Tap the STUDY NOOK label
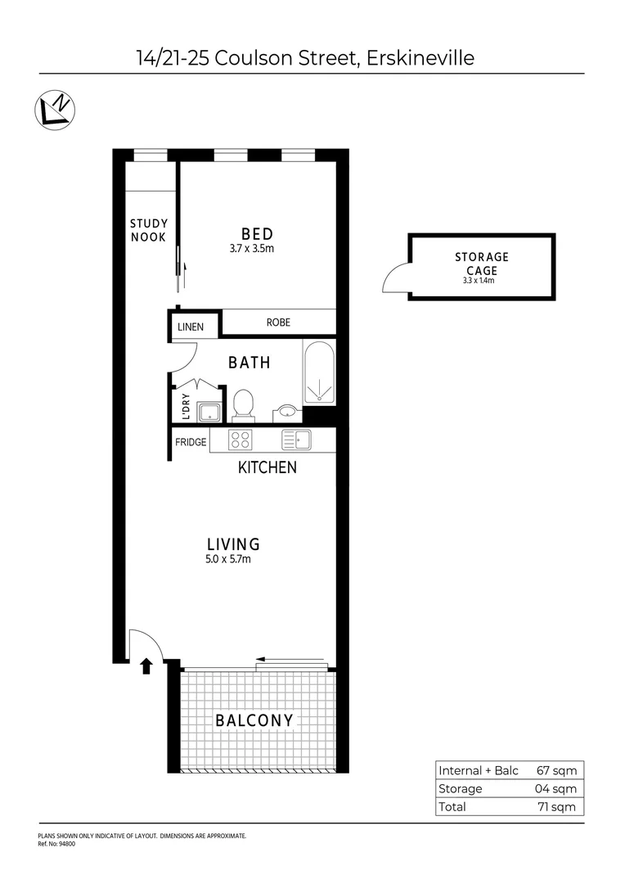point(148,230)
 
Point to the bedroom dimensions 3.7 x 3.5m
point(252,247)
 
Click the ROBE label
point(278,322)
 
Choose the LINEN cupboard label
point(191,327)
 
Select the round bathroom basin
point(286,412)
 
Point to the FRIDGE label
point(191,443)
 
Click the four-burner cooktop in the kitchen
point(240,440)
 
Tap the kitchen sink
point(296,440)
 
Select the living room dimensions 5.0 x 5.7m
point(228,560)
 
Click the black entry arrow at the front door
point(146,666)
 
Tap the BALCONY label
point(254,721)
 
